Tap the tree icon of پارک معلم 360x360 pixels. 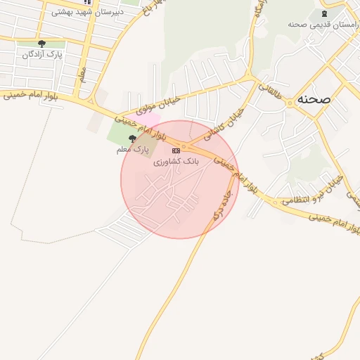[134, 139]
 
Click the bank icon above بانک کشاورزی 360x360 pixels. [176, 150]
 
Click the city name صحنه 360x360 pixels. [314, 100]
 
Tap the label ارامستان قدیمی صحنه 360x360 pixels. [323, 24]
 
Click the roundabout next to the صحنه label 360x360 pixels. [290, 103]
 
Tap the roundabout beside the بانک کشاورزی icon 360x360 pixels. [184, 148]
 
